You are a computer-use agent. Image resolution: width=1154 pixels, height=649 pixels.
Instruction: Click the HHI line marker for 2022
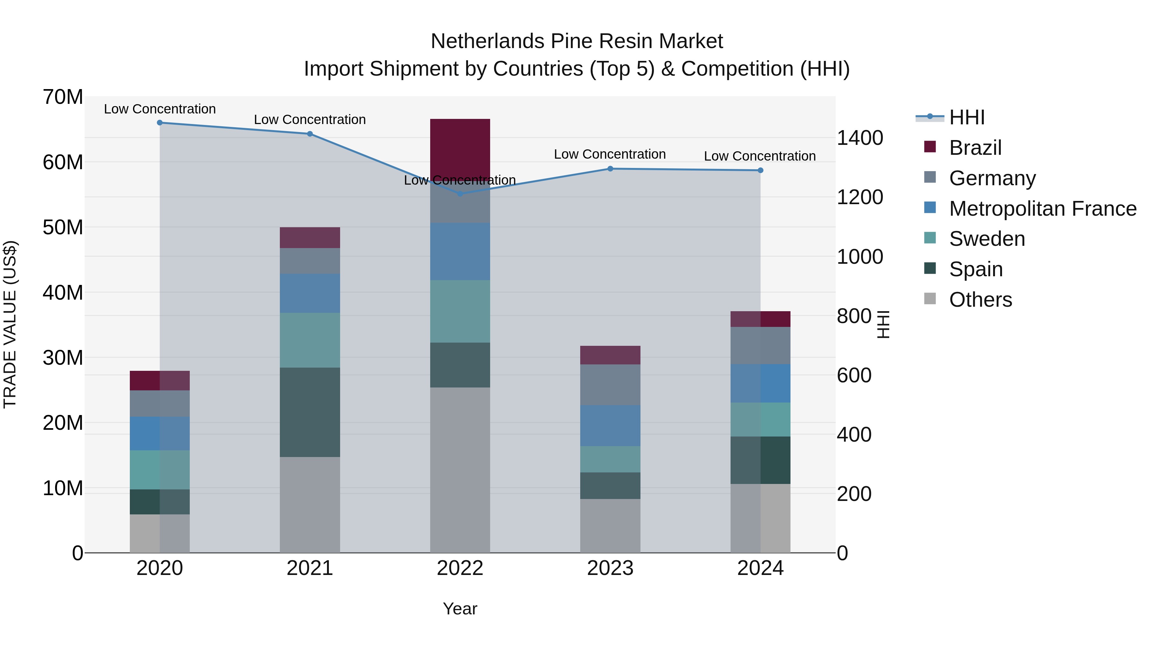coord(460,194)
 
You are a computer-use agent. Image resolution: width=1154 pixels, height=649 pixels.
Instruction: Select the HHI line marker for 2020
coord(160,122)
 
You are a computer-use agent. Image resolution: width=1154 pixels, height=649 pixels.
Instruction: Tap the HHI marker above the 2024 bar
coord(760,170)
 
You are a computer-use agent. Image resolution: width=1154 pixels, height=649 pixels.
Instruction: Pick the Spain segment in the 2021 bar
coord(310,412)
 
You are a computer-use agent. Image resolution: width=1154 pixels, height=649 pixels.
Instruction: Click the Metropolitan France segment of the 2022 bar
coord(460,251)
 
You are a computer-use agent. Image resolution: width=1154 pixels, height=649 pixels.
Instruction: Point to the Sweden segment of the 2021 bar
coord(310,340)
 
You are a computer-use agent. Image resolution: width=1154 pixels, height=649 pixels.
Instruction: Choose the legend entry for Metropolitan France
coord(1042,209)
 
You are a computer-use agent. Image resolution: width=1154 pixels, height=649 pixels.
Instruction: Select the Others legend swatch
coord(930,299)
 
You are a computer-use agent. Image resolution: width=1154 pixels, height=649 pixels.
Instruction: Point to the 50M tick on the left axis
coord(63,228)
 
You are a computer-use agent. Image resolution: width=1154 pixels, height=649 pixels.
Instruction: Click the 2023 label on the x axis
coord(610,568)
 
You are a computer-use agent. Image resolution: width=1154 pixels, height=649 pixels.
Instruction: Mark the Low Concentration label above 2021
coord(310,120)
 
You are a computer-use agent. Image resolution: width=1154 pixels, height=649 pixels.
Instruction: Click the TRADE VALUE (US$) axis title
coord(10,324)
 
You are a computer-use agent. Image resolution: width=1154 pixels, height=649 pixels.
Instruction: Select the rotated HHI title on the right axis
coord(882,324)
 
